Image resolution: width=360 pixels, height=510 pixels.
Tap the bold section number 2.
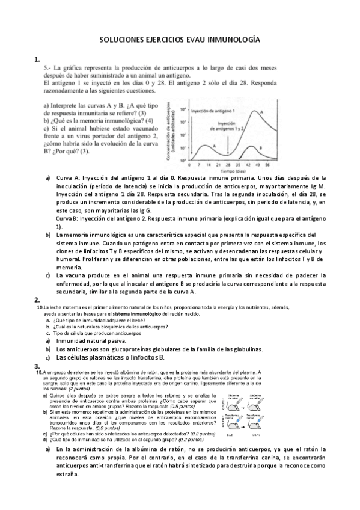(x=37, y=299)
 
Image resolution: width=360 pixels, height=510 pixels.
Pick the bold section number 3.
(x=37, y=366)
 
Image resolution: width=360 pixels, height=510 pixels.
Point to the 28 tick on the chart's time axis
(x=229, y=164)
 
